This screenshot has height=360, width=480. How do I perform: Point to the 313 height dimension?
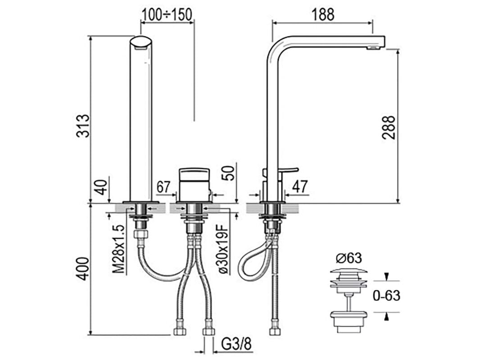83,126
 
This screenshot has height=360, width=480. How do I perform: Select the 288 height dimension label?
389,128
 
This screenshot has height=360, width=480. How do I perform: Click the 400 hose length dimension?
83,269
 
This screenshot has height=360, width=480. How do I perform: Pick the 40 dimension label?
101,187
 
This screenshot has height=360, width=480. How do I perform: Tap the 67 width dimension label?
163,187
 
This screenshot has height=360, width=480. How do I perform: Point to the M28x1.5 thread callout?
118,249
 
